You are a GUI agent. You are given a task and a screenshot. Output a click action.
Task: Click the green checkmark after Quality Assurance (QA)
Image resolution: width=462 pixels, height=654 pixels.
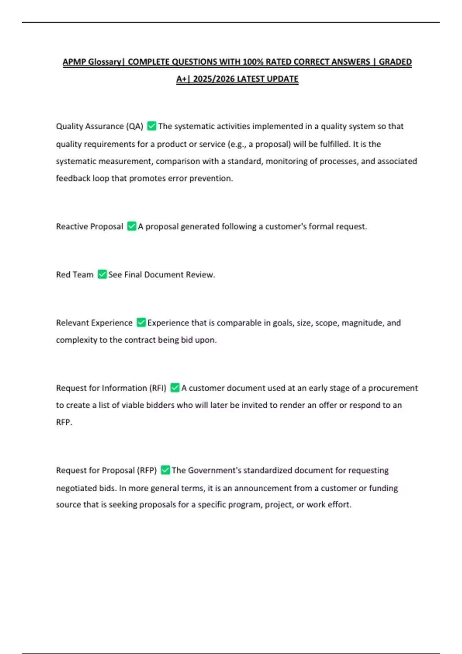click(x=152, y=126)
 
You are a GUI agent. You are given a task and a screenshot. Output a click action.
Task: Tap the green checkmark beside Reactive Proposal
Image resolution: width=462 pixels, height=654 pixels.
click(x=132, y=226)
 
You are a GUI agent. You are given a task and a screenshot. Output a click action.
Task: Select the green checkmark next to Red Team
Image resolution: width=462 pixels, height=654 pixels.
click(x=102, y=274)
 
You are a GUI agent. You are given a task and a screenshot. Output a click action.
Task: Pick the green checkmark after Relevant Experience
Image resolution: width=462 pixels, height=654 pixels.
click(x=141, y=322)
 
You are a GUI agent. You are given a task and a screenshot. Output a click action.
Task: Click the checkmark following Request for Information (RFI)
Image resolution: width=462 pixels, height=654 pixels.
click(x=175, y=388)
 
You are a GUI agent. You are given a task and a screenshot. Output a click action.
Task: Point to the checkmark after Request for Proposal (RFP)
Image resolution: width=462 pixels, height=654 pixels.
click(x=165, y=470)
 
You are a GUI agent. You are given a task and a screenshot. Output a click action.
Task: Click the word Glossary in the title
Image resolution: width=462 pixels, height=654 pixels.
click(x=105, y=62)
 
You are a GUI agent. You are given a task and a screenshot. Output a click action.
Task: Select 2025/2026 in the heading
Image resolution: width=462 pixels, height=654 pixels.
click(x=214, y=79)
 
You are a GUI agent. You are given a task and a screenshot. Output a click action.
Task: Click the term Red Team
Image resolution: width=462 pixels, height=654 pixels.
click(x=75, y=275)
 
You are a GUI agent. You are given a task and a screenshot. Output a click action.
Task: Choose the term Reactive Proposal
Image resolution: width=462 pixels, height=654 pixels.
click(x=89, y=227)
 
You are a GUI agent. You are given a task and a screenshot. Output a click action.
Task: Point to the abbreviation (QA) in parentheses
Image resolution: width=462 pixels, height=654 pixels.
click(x=135, y=127)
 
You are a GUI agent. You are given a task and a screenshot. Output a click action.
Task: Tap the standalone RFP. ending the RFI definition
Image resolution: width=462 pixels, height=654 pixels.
click(x=64, y=422)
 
